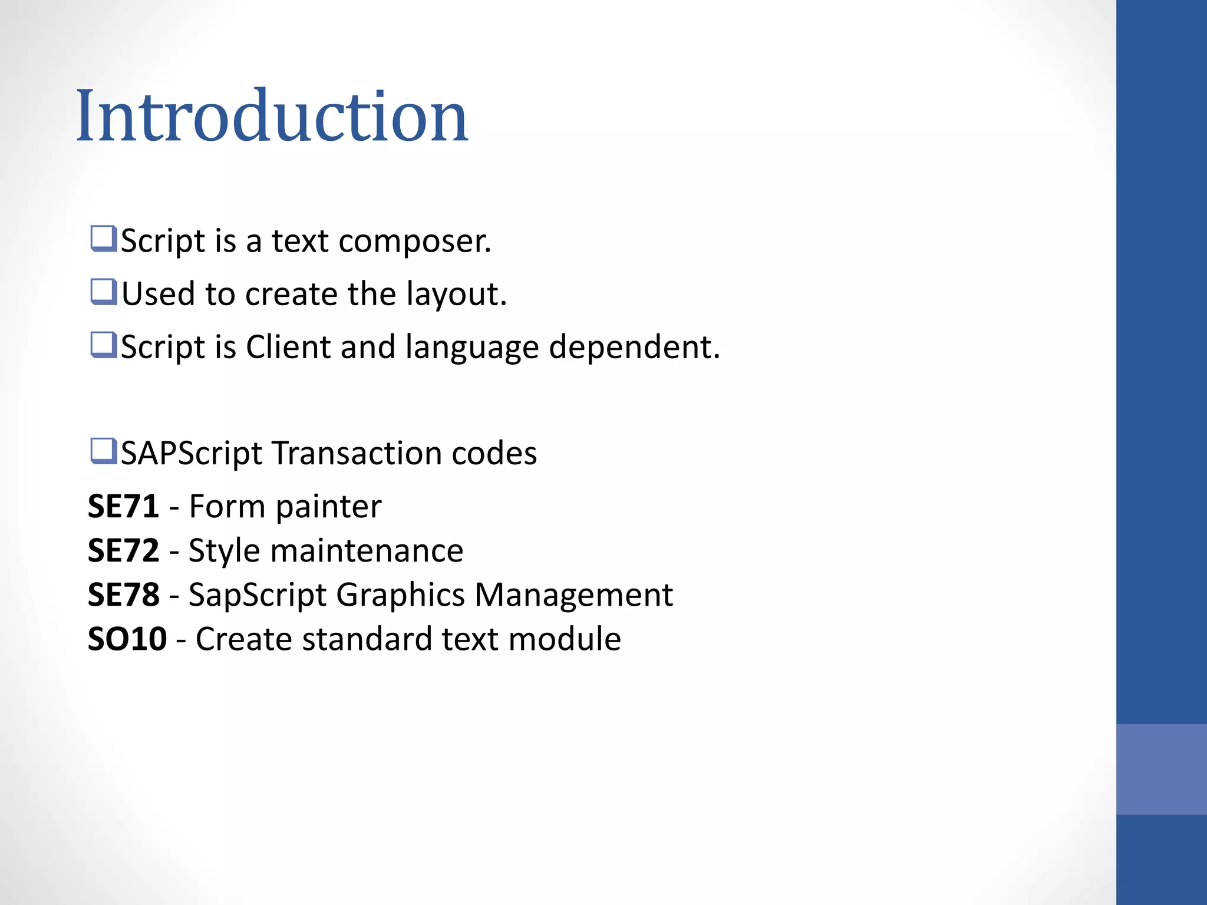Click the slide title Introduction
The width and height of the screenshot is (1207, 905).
[x=272, y=116]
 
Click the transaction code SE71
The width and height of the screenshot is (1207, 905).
[x=123, y=507]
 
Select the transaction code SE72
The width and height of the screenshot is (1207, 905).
[x=123, y=551]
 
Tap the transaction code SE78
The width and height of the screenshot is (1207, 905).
[x=123, y=595]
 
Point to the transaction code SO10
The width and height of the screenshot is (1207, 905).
[x=127, y=639]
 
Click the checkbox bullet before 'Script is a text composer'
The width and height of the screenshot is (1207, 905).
[x=103, y=239]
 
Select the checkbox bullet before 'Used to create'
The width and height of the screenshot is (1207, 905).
[x=103, y=292]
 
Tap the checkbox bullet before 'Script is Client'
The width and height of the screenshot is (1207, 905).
[x=103, y=345]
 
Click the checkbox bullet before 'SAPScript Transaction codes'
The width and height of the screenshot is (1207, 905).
[x=103, y=452]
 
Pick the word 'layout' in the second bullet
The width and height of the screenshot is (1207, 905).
[x=456, y=295]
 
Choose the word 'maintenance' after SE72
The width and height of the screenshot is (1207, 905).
[x=367, y=551]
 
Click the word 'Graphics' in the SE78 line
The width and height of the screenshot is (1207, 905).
[x=401, y=595]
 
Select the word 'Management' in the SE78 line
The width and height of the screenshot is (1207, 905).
[x=573, y=595]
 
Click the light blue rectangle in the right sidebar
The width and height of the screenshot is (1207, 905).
[x=1161, y=769]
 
